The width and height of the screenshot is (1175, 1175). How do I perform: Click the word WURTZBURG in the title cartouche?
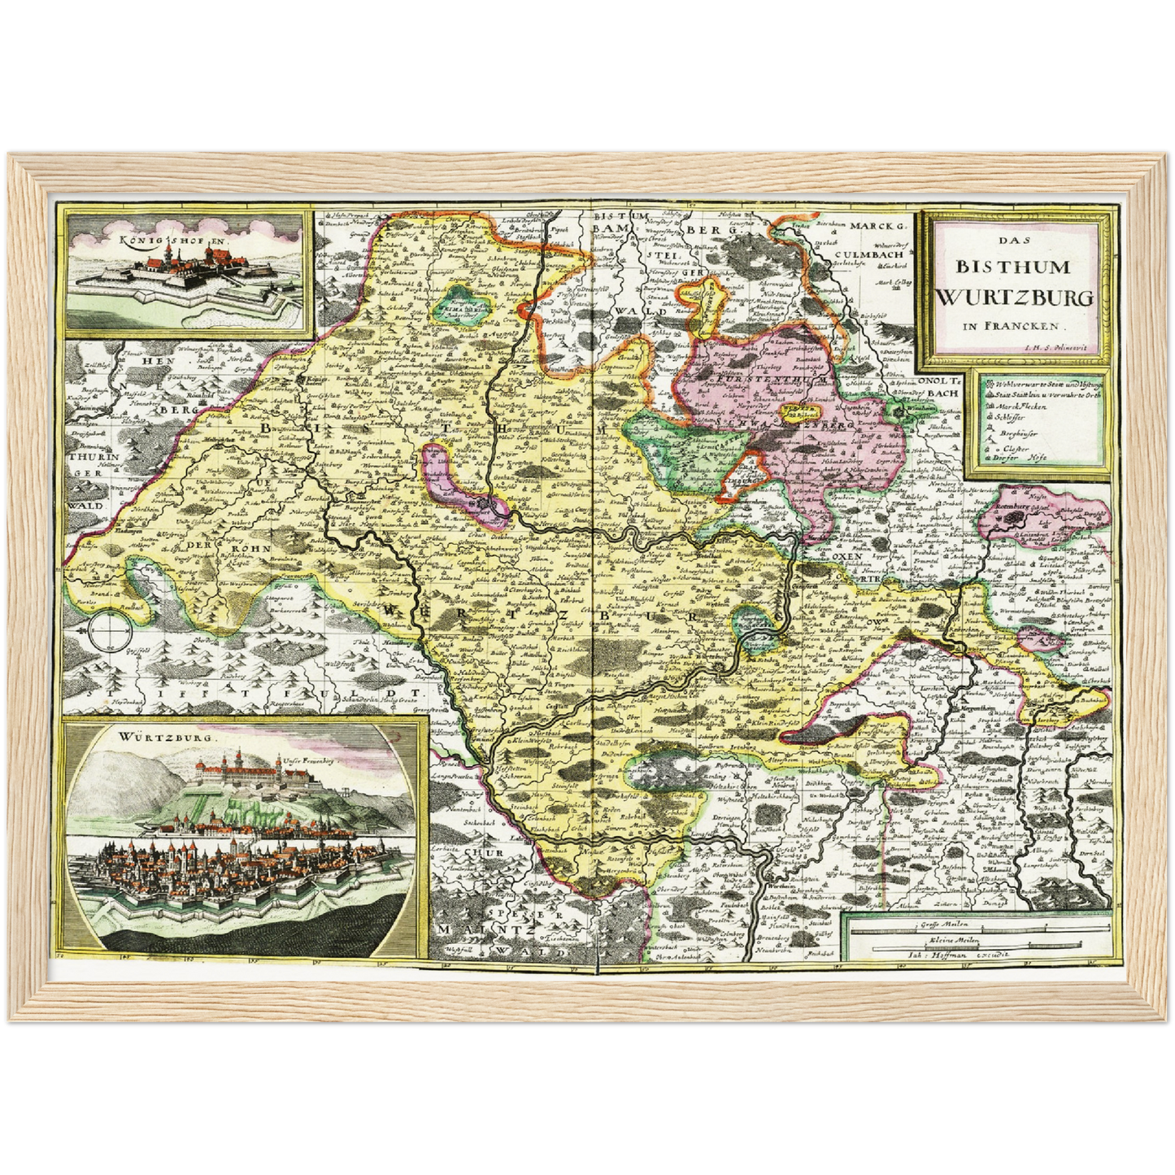click(1015, 297)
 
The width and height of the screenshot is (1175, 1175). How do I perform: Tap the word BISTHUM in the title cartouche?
click(1013, 268)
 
